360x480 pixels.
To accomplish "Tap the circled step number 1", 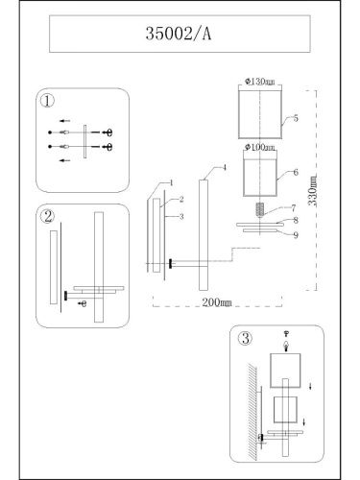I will coord(45,99).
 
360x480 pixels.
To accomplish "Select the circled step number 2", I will coord(45,216).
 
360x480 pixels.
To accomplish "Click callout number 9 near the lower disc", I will coord(296,234).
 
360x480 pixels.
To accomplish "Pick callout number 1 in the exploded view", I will coord(170,181).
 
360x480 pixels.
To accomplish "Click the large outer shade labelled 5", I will coord(259,113).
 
